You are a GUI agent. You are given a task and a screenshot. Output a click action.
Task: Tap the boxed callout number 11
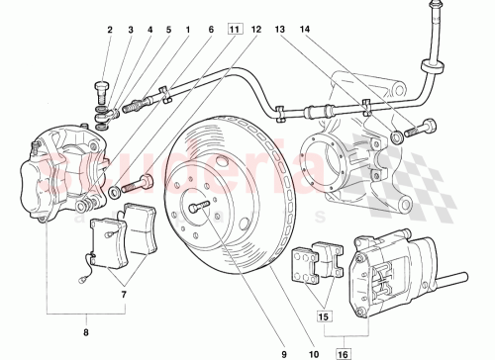[234, 30]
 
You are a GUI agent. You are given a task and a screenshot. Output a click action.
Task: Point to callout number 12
[256, 30]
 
